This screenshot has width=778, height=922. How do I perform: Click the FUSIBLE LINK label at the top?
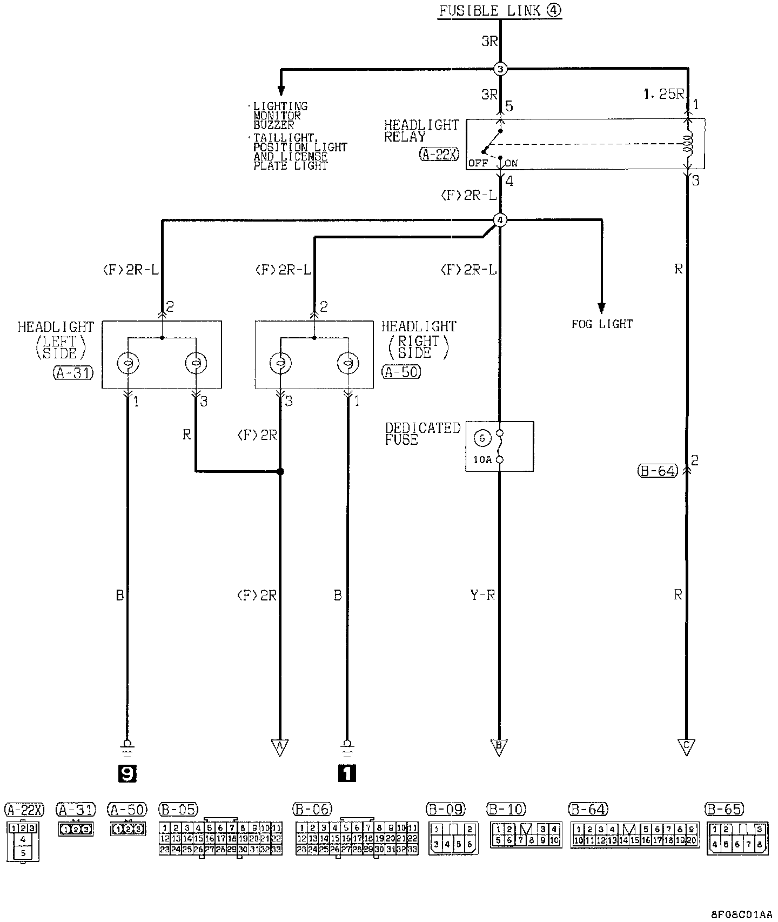pyautogui.click(x=499, y=11)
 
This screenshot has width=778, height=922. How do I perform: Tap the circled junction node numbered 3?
pyautogui.click(x=500, y=69)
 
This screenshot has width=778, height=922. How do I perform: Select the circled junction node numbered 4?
pyautogui.click(x=500, y=220)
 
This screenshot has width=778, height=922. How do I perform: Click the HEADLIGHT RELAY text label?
pyautogui.click(x=421, y=131)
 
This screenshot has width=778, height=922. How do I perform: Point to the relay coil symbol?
pyautogui.click(x=688, y=144)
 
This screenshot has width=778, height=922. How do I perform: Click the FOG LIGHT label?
pyautogui.click(x=602, y=324)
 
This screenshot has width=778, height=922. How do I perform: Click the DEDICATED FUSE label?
pyautogui.click(x=422, y=434)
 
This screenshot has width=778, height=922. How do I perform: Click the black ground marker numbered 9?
pyautogui.click(x=128, y=774)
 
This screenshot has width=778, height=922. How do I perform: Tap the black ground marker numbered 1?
pyautogui.click(x=347, y=774)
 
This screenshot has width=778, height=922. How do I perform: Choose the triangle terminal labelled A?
pyautogui.click(x=279, y=746)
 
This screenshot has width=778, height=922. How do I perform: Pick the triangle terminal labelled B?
pyautogui.click(x=499, y=746)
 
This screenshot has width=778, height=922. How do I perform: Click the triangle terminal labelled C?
pyautogui.click(x=687, y=746)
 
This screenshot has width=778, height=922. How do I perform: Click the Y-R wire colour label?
pyautogui.click(x=483, y=596)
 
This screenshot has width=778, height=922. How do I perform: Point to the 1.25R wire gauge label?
pyautogui.click(x=663, y=94)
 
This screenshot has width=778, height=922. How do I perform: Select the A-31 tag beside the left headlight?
pyautogui.click(x=73, y=372)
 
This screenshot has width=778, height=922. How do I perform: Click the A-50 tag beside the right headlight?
pyautogui.click(x=401, y=372)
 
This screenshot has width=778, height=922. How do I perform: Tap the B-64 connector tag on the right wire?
pyautogui.click(x=657, y=471)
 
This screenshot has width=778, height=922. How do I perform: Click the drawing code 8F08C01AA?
pyautogui.click(x=742, y=914)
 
